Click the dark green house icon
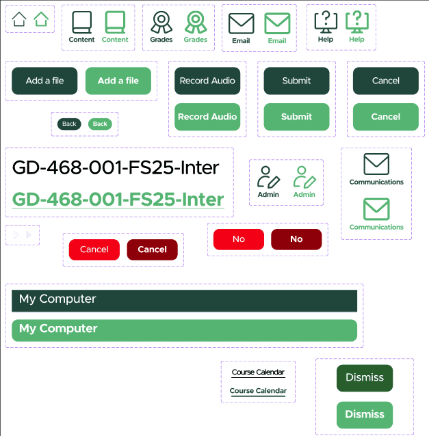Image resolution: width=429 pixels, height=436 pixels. [x=19, y=19]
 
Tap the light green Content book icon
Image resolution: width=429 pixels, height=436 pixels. [x=115, y=24]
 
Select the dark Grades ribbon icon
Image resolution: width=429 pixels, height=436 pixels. [x=161, y=23]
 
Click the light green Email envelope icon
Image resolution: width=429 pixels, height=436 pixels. [x=277, y=24]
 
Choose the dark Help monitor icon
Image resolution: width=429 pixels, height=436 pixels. [x=326, y=23]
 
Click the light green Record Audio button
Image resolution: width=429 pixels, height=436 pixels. [x=207, y=117]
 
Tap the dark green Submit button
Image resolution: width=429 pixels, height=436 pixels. [x=296, y=81]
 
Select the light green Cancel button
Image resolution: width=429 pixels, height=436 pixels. [x=385, y=117]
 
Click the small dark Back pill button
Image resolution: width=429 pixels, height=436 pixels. [x=69, y=124]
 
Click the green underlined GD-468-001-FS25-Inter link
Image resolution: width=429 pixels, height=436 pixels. [x=118, y=200]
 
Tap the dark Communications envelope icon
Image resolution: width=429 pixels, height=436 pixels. [x=376, y=165]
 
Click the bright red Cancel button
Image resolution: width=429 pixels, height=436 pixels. [x=94, y=249]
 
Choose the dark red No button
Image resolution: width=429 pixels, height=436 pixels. [x=296, y=239]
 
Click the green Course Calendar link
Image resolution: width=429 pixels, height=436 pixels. [x=258, y=391]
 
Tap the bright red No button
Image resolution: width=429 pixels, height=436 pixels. [x=238, y=239]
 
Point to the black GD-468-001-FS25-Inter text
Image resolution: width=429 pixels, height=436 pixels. [x=116, y=167]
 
